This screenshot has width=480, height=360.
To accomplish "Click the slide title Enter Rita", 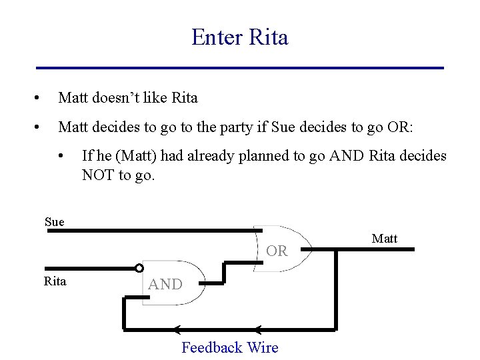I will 239,37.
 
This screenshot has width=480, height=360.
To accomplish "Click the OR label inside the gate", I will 277,251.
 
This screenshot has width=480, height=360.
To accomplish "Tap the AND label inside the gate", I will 165,285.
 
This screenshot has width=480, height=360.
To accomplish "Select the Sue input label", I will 55,222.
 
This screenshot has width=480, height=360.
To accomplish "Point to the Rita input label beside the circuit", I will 55,281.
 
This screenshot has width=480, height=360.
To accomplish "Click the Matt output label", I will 384,239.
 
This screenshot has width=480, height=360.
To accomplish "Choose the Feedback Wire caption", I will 230,347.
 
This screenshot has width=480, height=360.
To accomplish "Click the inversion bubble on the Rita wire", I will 139,268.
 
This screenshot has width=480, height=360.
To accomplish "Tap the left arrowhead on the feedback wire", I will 177,329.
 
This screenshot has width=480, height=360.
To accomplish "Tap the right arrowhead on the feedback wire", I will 259,329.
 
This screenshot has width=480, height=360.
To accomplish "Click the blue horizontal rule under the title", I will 239,68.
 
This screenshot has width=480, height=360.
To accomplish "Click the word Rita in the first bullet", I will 185,98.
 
